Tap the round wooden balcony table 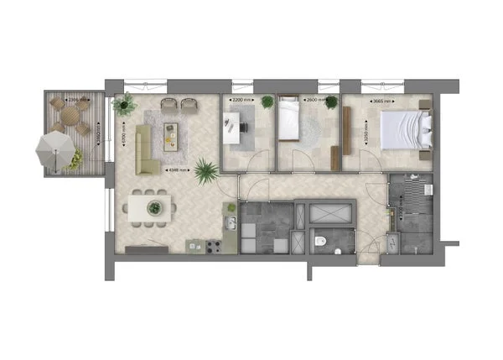70,116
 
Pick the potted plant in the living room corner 126,105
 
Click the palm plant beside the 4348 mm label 205,172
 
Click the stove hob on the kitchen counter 213,247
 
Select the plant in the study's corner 267,102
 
